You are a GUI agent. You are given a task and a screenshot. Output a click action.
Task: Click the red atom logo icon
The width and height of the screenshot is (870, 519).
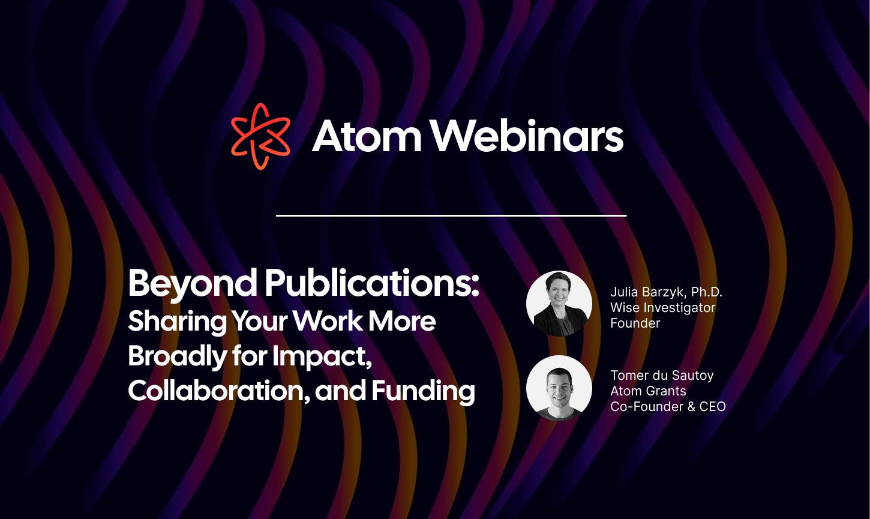coord(260,136)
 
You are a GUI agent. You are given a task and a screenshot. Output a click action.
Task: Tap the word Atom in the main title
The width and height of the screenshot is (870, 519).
coord(367,136)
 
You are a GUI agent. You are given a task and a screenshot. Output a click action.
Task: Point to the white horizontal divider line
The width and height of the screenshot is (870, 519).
coord(451,215)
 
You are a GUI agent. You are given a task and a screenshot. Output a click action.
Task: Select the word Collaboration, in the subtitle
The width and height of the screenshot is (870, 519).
coord(218,391)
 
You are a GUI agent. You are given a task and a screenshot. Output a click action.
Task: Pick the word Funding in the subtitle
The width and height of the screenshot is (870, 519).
coord(423,391)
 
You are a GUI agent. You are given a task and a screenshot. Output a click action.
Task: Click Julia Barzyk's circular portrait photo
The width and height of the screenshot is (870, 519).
coord(559,304)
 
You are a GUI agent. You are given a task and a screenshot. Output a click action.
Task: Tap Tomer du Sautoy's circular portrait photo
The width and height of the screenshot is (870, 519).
coord(559,388)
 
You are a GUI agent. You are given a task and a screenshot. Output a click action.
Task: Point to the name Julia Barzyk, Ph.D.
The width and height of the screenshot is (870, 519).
coord(666,292)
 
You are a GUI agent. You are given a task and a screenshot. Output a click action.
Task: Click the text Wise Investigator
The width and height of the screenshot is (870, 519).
coord(662,308)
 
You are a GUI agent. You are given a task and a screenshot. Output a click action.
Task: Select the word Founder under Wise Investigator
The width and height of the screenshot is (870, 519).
coord(635,323)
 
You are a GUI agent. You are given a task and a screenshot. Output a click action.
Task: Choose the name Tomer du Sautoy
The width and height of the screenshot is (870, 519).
coord(662,376)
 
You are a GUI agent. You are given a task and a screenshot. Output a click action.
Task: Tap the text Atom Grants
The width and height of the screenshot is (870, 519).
coord(648,391)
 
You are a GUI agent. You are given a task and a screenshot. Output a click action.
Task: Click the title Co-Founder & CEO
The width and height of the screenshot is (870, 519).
coord(668,407)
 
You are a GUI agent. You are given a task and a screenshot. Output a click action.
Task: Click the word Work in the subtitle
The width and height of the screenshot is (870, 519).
coord(328,322)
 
